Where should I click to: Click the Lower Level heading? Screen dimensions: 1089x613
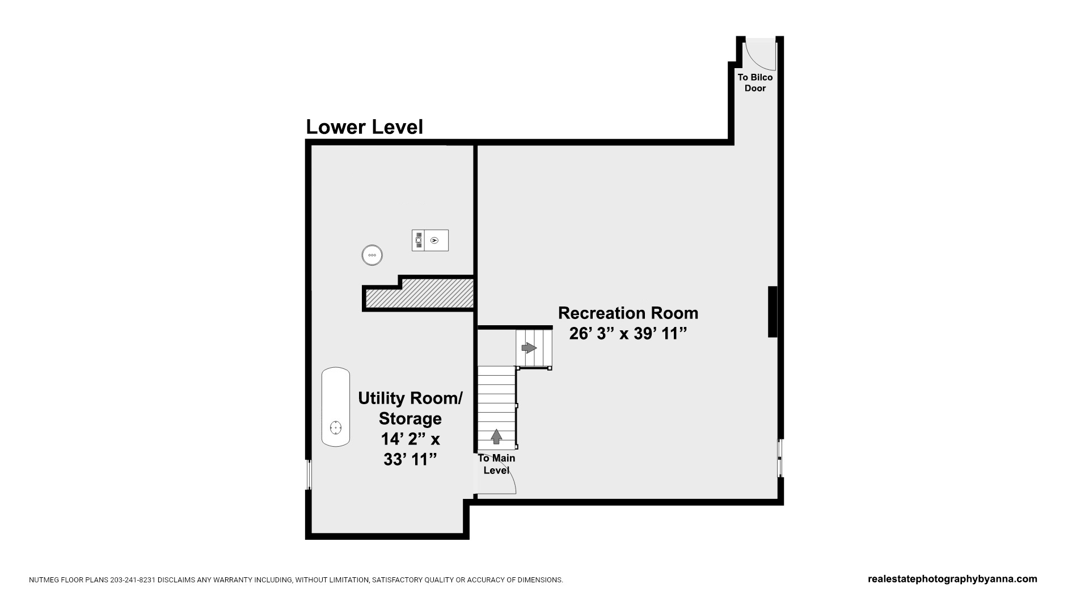(x=364, y=127)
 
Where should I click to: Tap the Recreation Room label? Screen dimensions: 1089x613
(x=628, y=313)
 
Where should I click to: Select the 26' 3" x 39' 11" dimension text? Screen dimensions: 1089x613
(x=628, y=334)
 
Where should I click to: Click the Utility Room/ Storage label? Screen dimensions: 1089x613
(x=410, y=408)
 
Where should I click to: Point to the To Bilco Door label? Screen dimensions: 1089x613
(x=755, y=83)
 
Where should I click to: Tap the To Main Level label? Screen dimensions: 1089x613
(x=496, y=464)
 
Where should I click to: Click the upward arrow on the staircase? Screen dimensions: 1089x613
(x=496, y=436)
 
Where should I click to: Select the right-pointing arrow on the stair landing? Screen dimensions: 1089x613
(x=529, y=347)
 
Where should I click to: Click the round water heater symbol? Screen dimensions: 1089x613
(x=372, y=255)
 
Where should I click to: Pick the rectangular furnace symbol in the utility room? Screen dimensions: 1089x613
(x=430, y=240)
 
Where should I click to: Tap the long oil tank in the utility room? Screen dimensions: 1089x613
(x=336, y=406)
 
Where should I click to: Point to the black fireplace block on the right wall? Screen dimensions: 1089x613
(x=773, y=312)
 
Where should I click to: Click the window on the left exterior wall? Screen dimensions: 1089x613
(x=309, y=475)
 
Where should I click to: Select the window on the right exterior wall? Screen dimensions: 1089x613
(x=780, y=457)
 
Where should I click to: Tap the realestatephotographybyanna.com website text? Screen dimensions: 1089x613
(x=952, y=579)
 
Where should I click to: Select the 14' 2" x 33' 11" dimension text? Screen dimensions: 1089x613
(x=410, y=449)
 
